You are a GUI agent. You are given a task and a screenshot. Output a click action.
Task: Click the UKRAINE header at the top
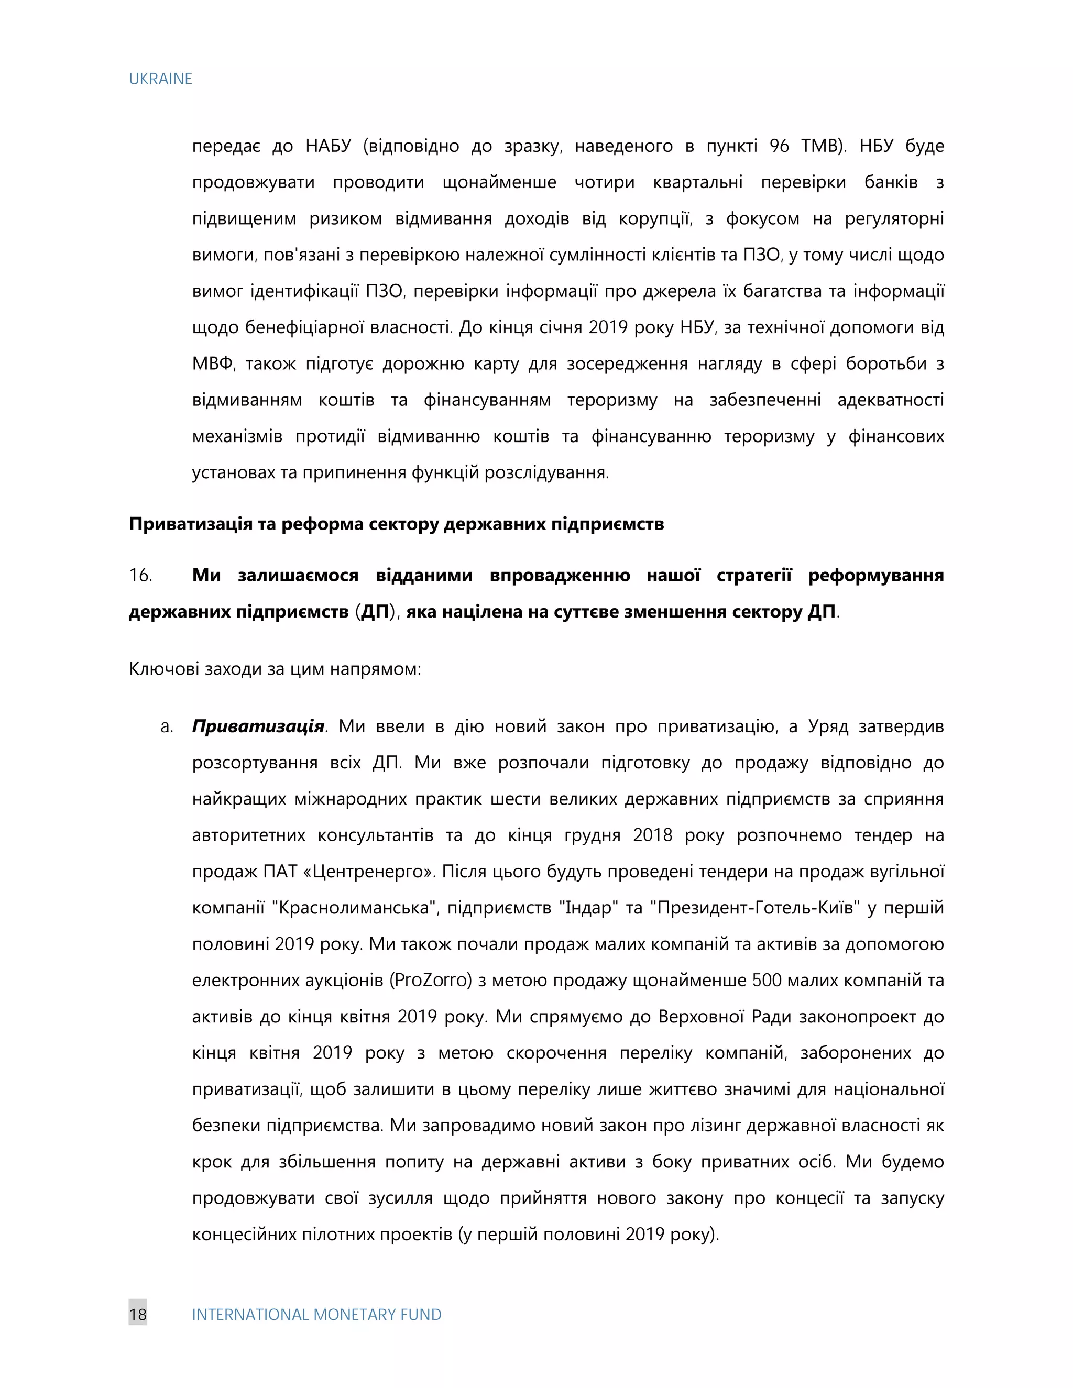(x=160, y=79)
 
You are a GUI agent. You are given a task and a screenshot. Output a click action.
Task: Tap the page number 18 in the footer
(x=137, y=1314)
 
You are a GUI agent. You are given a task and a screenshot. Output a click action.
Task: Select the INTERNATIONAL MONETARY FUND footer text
(x=316, y=1314)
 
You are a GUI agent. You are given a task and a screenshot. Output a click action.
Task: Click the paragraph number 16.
(x=140, y=575)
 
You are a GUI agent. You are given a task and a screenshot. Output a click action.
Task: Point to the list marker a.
(x=167, y=726)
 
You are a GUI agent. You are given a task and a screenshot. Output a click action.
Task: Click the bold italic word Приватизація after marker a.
(x=258, y=726)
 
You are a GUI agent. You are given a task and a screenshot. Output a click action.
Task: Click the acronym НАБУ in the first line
(x=328, y=146)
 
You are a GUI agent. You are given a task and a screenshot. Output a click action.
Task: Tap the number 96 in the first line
(x=779, y=146)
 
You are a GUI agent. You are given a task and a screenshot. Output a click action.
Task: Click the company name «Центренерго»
(x=369, y=872)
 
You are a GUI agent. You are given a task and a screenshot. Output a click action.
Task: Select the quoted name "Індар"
(x=588, y=908)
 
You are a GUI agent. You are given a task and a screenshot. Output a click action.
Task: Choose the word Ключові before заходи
(x=164, y=669)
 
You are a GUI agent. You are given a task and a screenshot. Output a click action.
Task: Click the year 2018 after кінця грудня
(x=652, y=835)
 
